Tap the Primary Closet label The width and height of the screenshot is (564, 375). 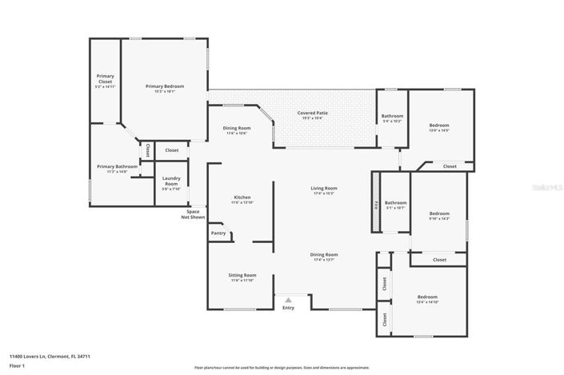[105, 79]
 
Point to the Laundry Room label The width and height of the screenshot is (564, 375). [171, 180]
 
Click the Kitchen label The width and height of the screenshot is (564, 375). [242, 197]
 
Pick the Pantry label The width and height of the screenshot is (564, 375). [218, 233]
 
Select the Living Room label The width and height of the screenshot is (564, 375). [324, 188]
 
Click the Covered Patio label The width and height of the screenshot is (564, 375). [313, 113]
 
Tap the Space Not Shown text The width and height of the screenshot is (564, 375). [193, 214]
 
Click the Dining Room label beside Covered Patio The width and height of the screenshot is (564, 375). [237, 128]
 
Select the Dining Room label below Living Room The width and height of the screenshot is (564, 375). [324, 254]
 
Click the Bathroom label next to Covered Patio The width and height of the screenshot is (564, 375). [392, 116]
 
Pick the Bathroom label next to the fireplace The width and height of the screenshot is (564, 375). [395, 203]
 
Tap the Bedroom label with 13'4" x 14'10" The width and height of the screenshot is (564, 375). [427, 296]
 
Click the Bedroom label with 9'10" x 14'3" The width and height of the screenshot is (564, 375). [439, 213]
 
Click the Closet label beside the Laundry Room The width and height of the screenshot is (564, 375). [172, 150]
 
